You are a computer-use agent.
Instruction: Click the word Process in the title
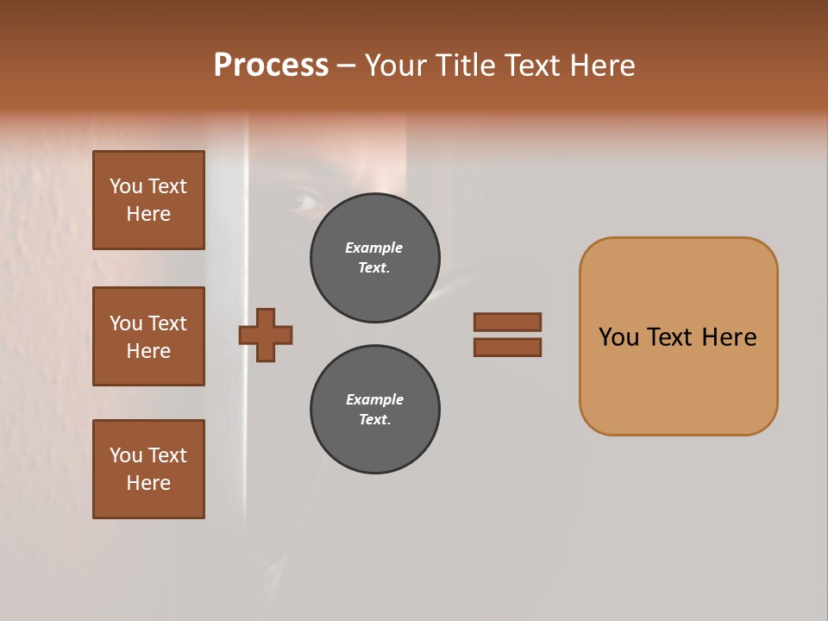click(x=271, y=66)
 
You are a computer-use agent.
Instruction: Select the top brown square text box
click(x=148, y=200)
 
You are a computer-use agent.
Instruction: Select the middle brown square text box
click(x=148, y=336)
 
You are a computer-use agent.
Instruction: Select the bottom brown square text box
click(x=148, y=469)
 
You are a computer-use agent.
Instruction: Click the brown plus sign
click(x=266, y=335)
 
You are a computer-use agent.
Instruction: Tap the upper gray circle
click(x=374, y=257)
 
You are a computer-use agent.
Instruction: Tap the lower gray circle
click(x=374, y=409)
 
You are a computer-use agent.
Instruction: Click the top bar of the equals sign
click(x=507, y=322)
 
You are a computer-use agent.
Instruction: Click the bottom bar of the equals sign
click(x=507, y=347)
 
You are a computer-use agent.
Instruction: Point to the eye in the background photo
click(x=304, y=200)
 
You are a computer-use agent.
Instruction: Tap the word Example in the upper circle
click(x=373, y=248)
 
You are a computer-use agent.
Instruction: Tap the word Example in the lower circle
click(x=374, y=399)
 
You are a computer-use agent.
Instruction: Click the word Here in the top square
click(x=148, y=214)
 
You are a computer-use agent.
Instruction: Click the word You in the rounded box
click(x=618, y=337)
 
